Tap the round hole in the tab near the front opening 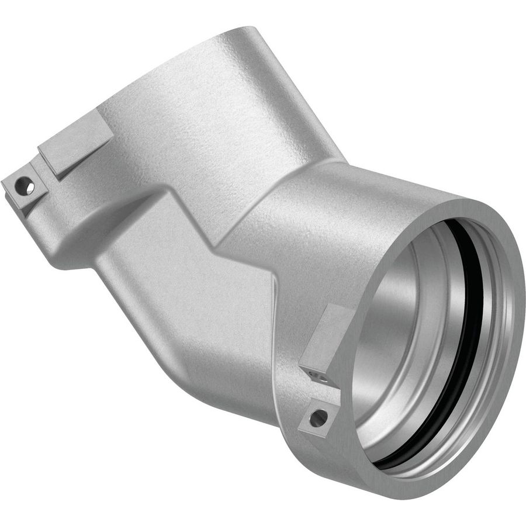click(319, 417)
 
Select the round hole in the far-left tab click(25, 188)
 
